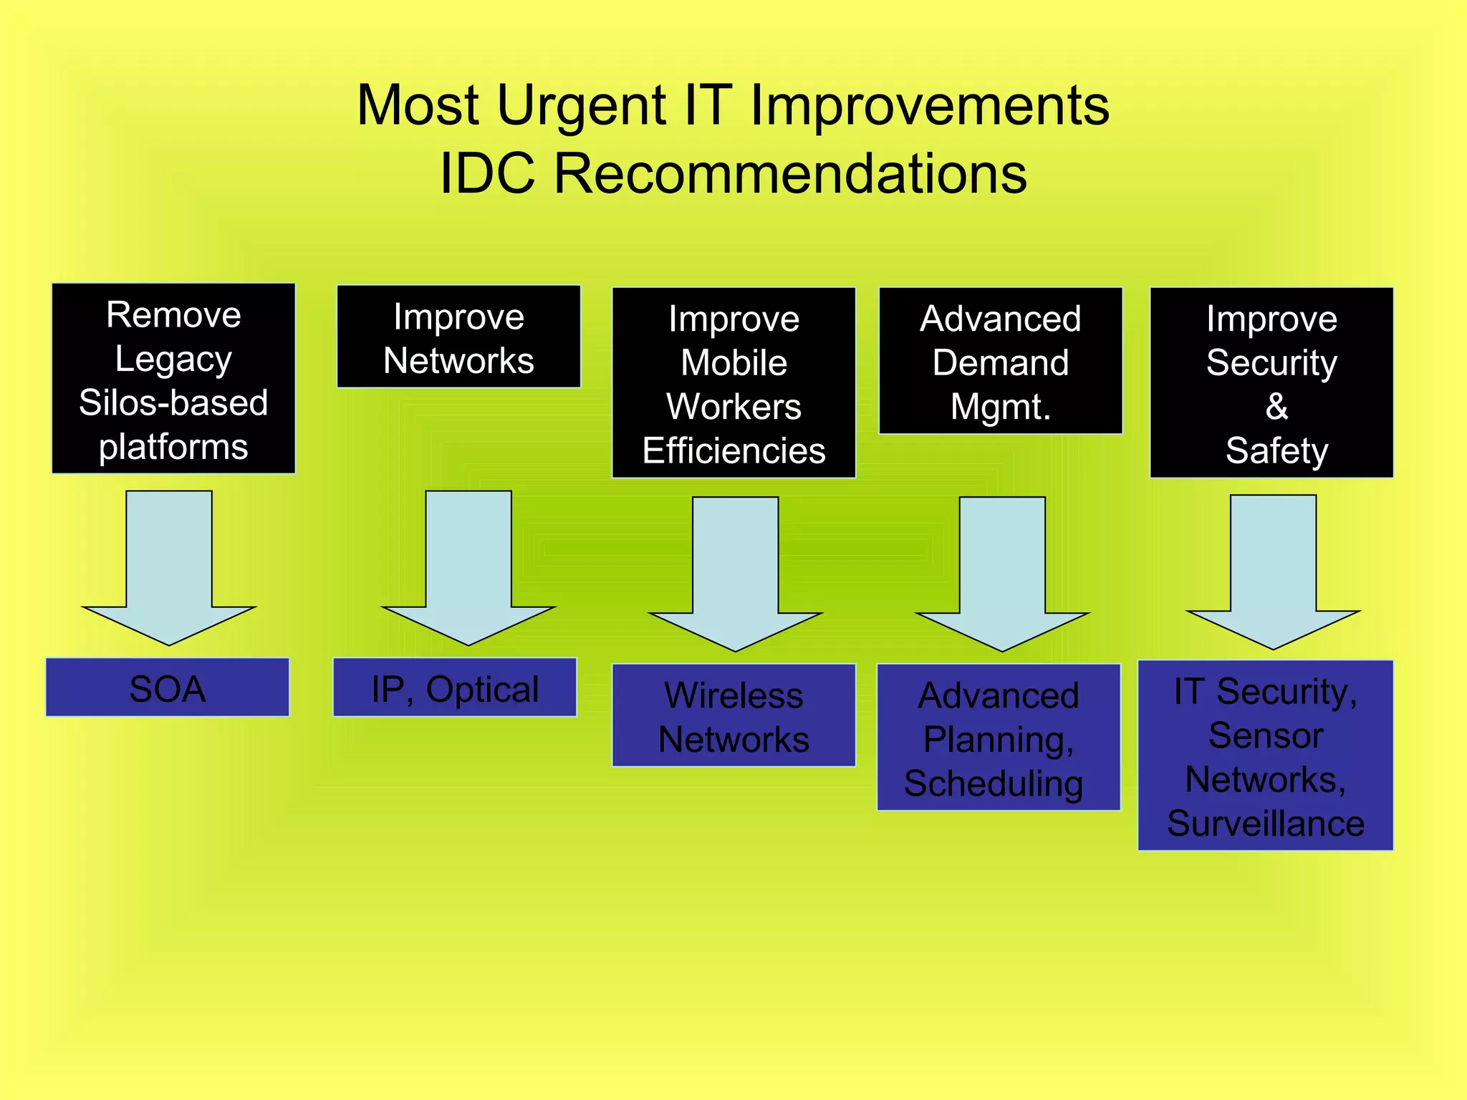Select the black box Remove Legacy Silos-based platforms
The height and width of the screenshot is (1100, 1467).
(x=173, y=378)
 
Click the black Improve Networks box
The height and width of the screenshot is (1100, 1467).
(x=458, y=337)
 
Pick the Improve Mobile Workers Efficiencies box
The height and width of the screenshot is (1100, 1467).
(x=733, y=382)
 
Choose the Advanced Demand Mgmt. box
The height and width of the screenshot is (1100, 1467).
(x=1000, y=360)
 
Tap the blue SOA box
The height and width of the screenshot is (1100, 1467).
(x=167, y=687)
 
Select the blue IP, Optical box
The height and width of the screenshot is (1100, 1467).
(x=454, y=687)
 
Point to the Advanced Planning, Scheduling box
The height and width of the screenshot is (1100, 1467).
(x=998, y=737)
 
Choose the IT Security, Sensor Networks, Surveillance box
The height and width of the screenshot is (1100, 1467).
(x=1265, y=755)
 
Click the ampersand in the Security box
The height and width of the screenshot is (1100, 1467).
(x=1276, y=407)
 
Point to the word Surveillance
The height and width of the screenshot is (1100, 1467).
(x=1265, y=824)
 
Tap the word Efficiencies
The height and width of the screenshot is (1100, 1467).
(x=733, y=451)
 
